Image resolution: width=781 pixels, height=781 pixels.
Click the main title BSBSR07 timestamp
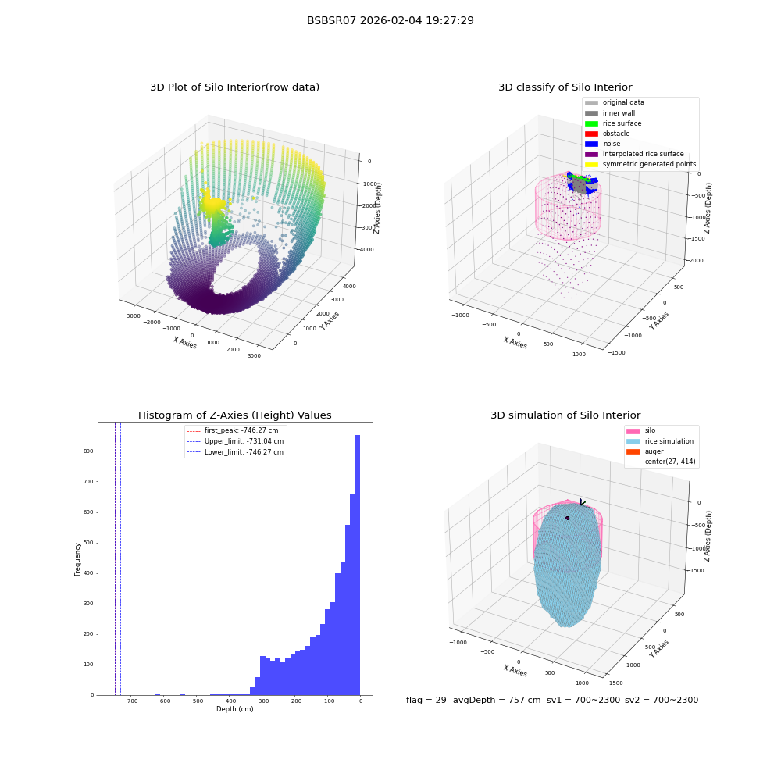point(390,20)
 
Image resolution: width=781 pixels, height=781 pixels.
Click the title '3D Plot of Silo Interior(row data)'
point(234,87)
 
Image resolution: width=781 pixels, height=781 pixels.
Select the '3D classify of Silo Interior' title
point(565,87)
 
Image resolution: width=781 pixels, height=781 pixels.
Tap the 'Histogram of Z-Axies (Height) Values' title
point(234,415)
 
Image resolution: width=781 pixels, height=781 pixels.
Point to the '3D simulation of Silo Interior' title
point(565,415)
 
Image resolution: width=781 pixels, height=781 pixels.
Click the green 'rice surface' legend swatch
point(591,123)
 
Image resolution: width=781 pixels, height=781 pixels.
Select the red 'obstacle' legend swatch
point(591,134)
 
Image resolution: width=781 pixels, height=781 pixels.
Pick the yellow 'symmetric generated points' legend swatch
point(591,164)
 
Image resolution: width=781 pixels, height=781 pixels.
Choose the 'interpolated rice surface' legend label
point(643,154)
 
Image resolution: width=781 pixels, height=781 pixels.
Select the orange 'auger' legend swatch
point(633,451)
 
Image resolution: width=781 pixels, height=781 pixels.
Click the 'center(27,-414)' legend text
point(670,462)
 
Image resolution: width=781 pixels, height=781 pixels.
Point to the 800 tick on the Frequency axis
point(88,451)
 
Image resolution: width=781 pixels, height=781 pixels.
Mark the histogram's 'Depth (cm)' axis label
point(234,709)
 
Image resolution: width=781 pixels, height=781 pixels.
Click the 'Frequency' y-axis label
point(77,559)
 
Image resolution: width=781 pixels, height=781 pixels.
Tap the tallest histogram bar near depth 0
point(357,565)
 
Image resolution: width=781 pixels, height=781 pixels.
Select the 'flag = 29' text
point(426,700)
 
